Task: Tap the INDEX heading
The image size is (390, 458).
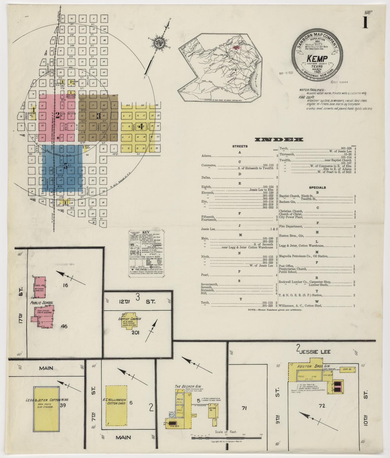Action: [279, 140]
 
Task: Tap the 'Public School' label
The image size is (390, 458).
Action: [42, 303]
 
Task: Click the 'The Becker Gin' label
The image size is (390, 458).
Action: [185, 387]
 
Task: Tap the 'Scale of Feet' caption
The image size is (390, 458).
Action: [226, 432]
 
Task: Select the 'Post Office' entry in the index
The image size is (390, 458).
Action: [286, 266]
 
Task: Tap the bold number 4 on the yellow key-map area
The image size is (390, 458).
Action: [141, 127]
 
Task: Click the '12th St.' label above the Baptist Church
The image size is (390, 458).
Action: [137, 302]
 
